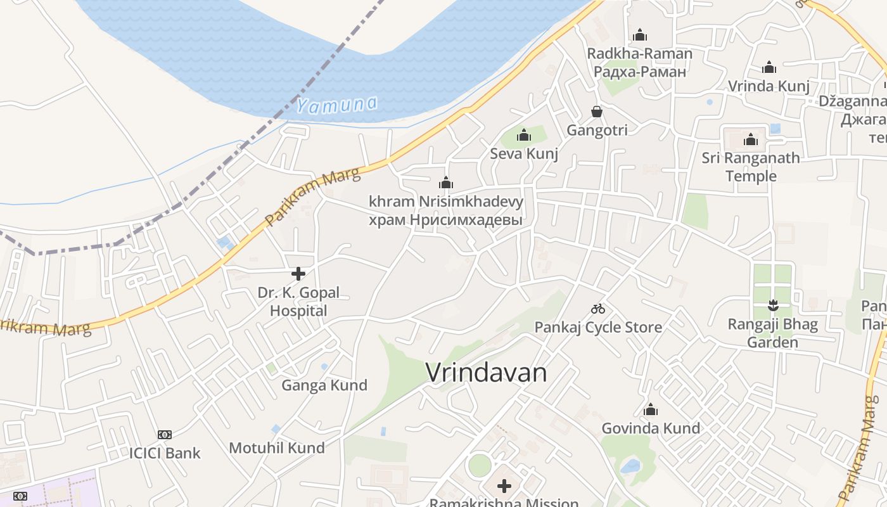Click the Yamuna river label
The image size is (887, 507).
[336, 105]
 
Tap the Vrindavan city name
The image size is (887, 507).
[486, 373]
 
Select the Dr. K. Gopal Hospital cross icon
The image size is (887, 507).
[298, 274]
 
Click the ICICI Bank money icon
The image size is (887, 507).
[165, 435]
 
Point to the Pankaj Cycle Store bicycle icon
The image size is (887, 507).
[598, 309]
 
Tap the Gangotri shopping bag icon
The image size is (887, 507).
[597, 112]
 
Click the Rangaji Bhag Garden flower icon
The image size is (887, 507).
[772, 305]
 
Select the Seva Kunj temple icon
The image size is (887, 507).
[524, 135]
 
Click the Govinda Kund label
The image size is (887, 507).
[651, 428]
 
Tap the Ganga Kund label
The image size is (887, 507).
[324, 385]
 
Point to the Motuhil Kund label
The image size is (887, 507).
[277, 447]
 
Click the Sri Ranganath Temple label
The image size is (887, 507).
[751, 167]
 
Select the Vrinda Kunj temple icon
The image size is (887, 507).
[769, 67]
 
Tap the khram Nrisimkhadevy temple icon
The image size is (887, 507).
[446, 183]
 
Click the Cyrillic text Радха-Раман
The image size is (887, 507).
[640, 72]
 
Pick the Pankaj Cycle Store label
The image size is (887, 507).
[598, 327]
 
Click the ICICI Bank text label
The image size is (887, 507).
[165, 453]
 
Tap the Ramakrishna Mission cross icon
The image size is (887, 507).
[504, 486]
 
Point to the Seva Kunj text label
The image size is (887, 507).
[524, 153]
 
